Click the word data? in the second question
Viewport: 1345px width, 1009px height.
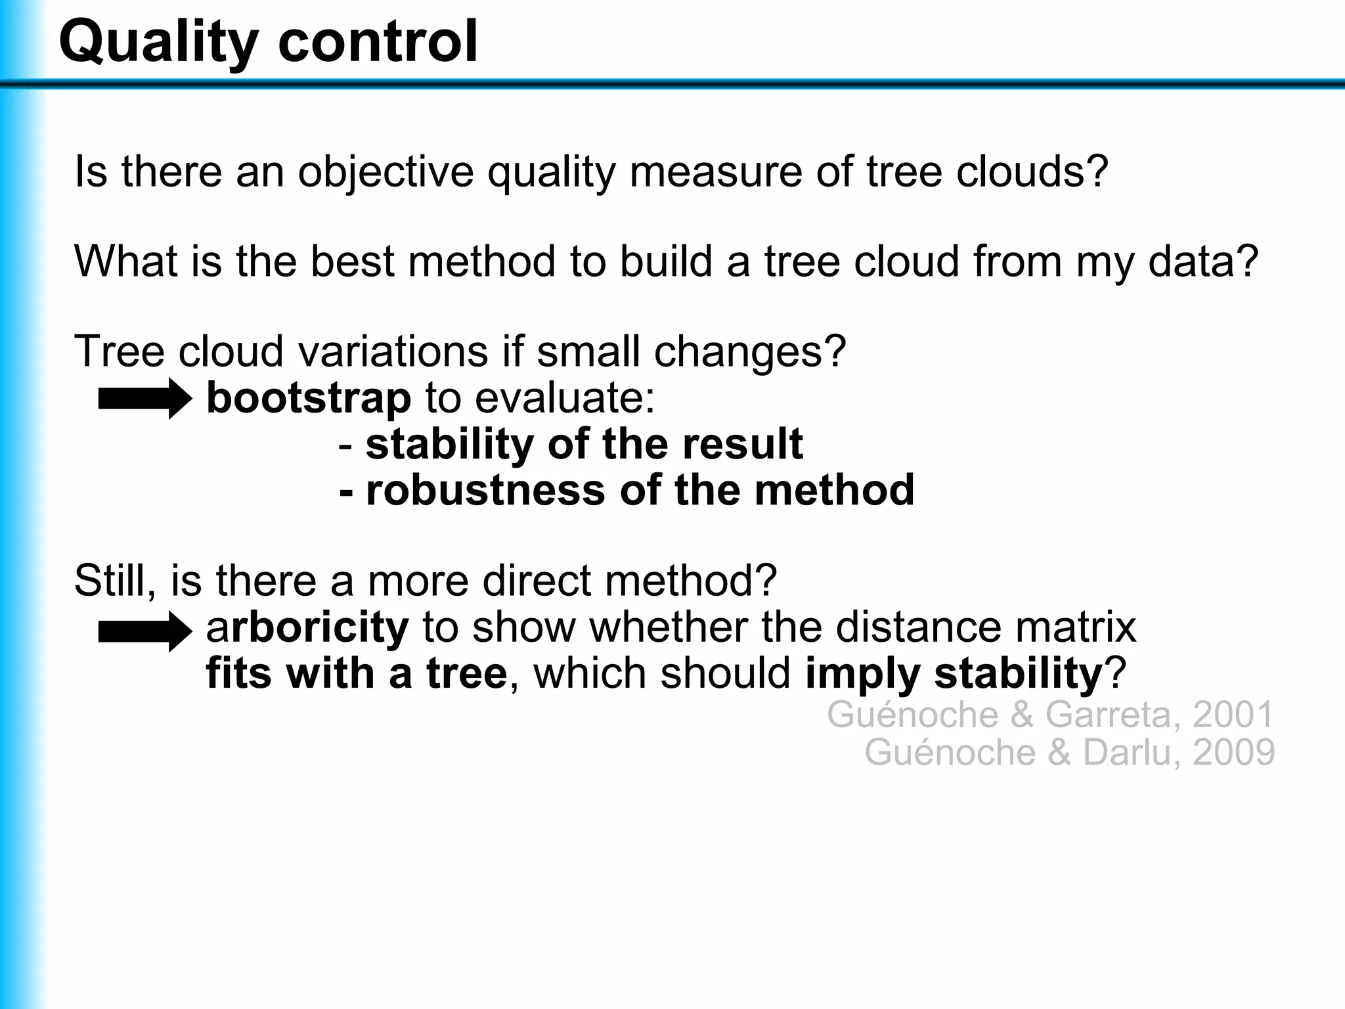point(1203,261)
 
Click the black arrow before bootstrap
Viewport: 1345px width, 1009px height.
point(144,399)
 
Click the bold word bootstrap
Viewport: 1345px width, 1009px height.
point(309,399)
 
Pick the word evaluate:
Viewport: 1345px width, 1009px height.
point(565,399)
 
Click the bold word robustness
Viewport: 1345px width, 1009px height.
point(485,490)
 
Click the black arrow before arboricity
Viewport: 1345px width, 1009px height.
point(144,631)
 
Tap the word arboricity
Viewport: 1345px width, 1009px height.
point(307,628)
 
